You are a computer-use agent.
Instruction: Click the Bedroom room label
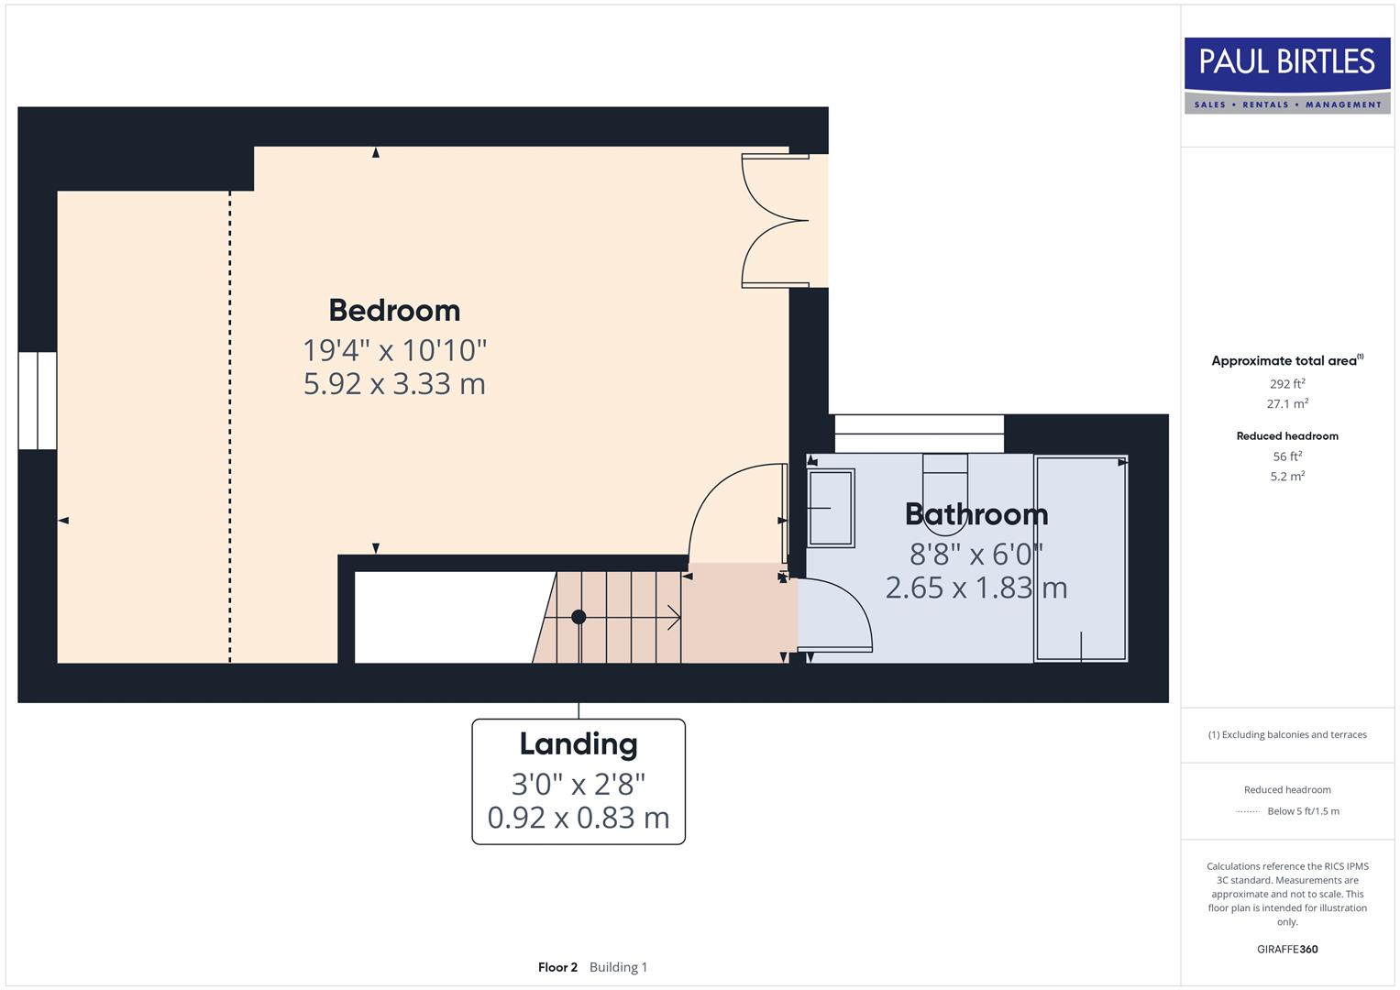pos(394,311)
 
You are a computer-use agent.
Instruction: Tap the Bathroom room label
pos(976,514)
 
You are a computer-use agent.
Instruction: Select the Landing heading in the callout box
pos(579,744)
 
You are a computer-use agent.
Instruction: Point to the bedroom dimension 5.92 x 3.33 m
pos(394,383)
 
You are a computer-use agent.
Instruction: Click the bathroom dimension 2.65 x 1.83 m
pos(976,588)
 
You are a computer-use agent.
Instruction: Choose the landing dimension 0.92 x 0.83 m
pos(579,817)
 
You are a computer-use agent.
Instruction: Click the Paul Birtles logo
pos(1287,75)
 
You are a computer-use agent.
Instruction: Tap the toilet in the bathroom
pos(945,493)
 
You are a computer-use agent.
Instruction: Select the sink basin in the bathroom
pos(831,507)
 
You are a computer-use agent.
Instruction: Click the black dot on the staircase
pos(579,617)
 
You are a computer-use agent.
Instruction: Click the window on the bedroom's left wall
pos(38,401)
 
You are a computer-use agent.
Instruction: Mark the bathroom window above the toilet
pos(919,434)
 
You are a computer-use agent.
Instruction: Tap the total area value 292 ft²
pos(1287,384)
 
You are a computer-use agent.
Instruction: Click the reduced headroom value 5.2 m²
pos(1287,477)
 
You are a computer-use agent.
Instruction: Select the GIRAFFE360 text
pos(1287,950)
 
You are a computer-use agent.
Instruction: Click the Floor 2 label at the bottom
pos(557,967)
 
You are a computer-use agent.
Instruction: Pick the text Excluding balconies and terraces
pos(1293,735)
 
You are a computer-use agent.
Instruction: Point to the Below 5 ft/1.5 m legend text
pos(1303,811)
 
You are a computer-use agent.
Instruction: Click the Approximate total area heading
pos(1285,361)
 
